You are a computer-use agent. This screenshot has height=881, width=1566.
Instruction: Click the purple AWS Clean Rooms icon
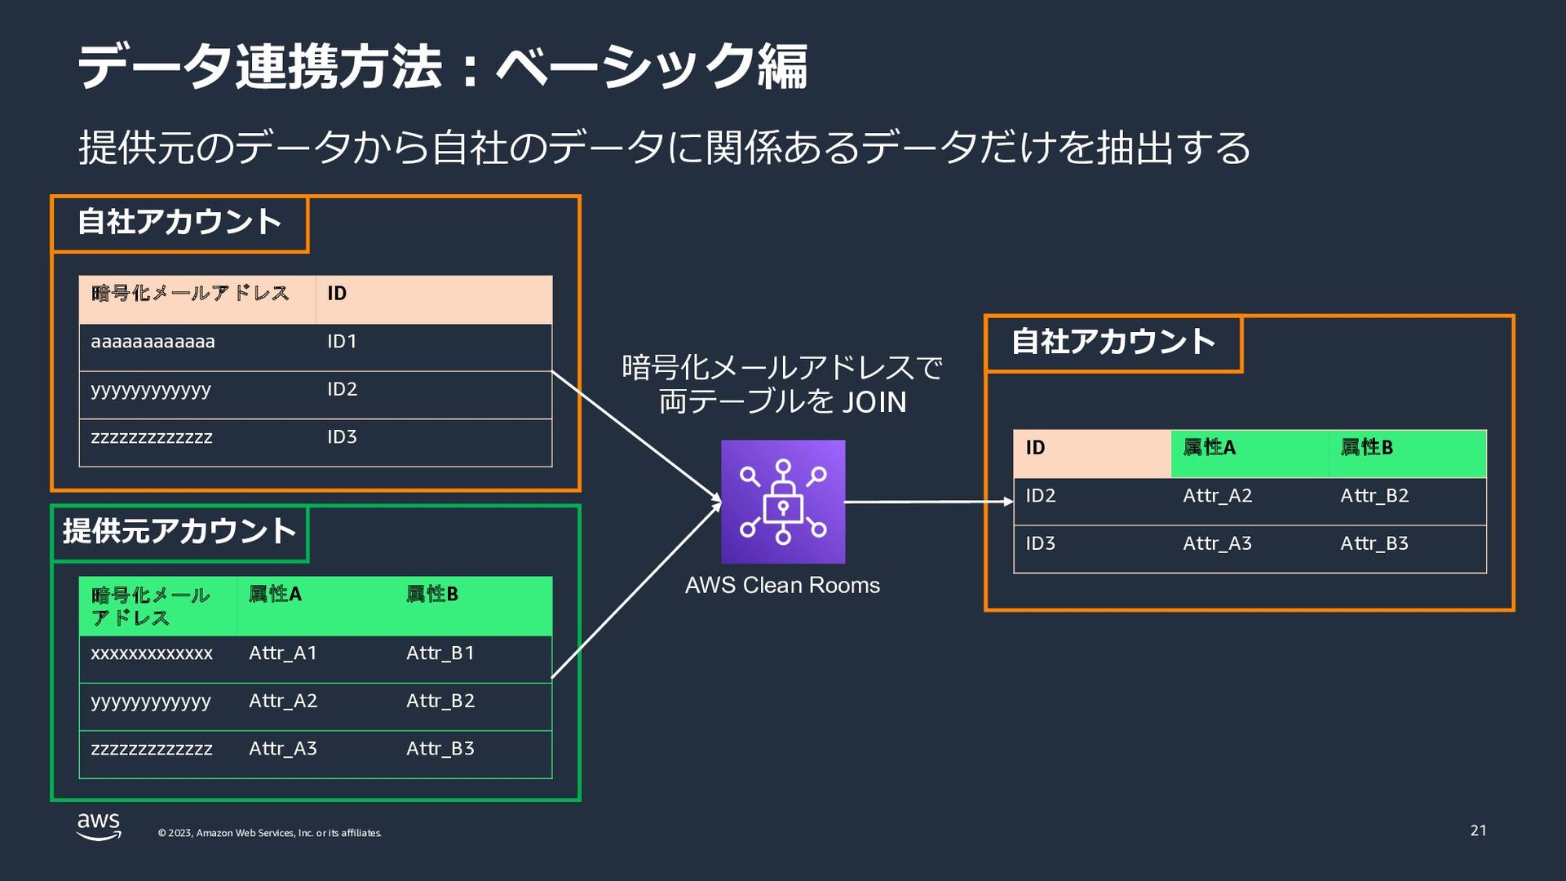click(x=783, y=502)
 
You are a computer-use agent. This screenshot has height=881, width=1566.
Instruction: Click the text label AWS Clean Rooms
click(x=782, y=586)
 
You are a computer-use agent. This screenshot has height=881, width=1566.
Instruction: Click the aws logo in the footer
click(x=99, y=826)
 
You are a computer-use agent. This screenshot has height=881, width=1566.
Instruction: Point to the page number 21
click(x=1479, y=830)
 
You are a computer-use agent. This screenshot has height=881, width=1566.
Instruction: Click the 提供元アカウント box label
click(x=179, y=532)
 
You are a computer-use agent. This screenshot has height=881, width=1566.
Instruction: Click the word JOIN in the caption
click(x=874, y=402)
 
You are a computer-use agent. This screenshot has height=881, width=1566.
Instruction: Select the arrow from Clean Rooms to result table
click(x=929, y=502)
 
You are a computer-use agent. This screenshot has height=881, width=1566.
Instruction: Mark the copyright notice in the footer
click(x=269, y=833)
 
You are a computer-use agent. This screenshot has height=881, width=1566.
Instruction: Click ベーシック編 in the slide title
click(x=652, y=66)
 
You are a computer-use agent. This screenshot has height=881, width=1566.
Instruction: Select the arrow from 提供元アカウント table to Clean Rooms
click(x=637, y=590)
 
